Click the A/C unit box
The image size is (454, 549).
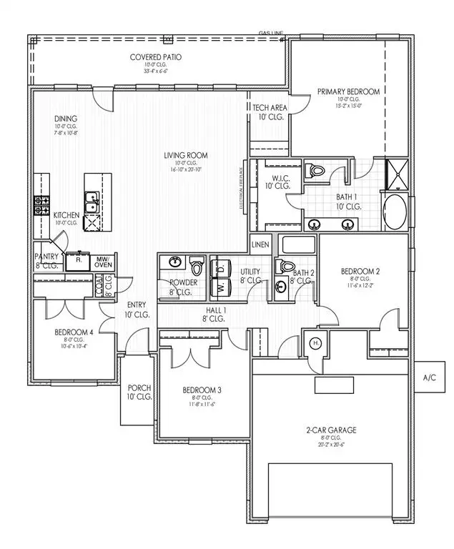click(430, 377)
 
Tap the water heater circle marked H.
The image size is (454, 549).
click(315, 343)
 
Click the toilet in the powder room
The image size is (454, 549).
click(196, 267)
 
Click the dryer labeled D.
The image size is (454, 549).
click(221, 269)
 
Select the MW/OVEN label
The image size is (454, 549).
click(104, 262)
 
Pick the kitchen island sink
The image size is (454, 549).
click(92, 203)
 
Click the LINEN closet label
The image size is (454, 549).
click(261, 244)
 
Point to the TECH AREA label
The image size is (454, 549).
click(270, 112)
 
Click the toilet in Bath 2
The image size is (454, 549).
click(287, 268)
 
